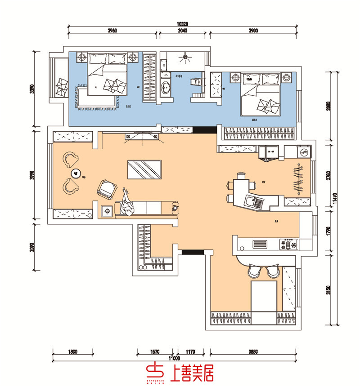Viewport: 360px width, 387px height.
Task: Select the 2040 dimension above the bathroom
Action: pos(183,31)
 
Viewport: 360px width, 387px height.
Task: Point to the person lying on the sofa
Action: pos(128,202)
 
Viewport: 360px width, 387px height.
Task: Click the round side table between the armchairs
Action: pos(76,174)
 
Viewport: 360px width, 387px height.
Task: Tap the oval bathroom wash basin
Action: pos(166,87)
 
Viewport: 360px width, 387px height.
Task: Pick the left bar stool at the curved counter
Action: pos(254,271)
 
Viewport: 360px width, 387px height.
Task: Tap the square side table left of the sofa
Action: pos(107,210)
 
